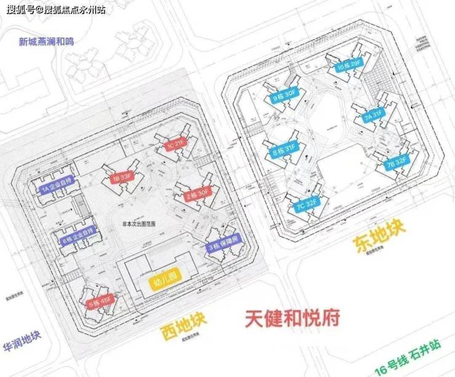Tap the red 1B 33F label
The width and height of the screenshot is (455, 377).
[x=121, y=179]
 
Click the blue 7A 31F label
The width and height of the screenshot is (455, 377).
[x=373, y=115]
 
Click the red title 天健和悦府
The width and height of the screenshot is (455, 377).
[x=292, y=319]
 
